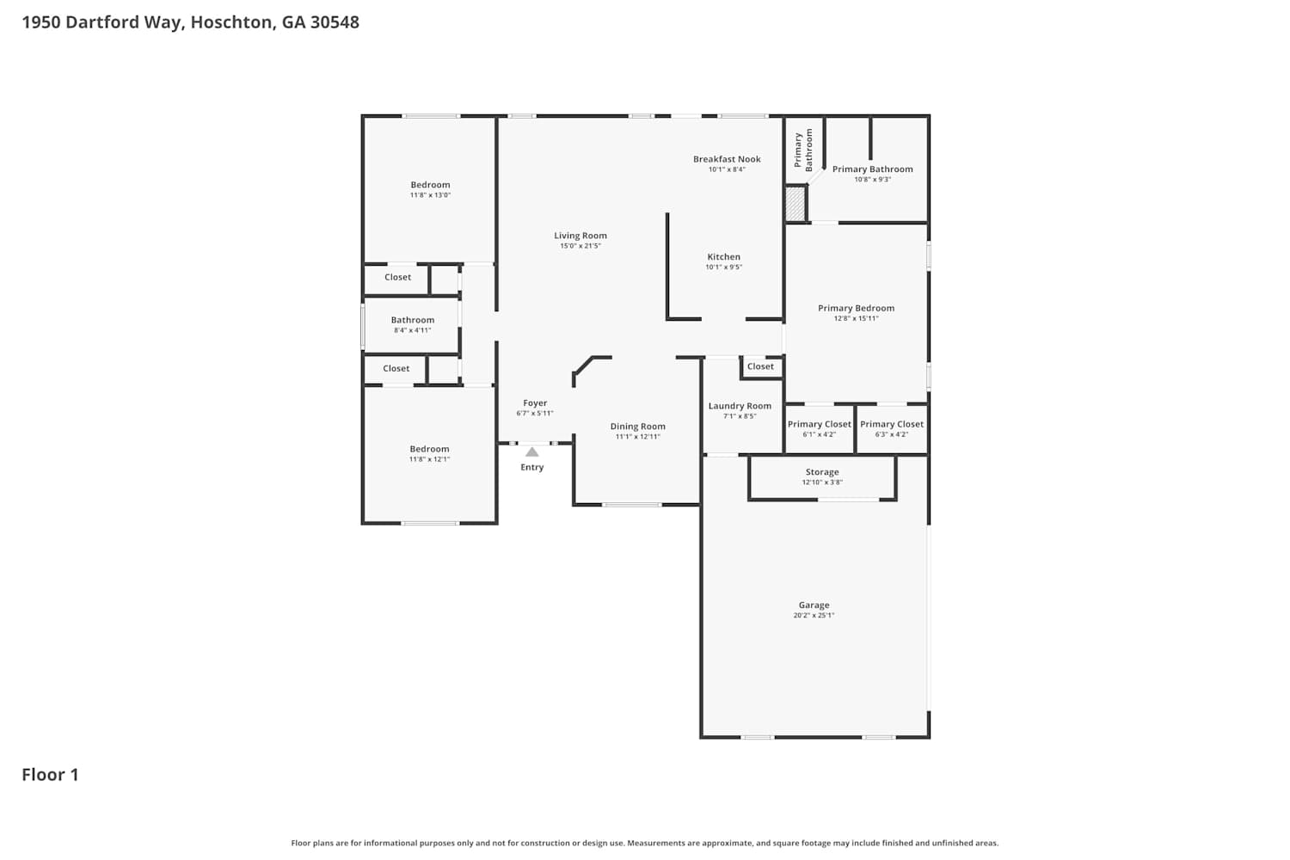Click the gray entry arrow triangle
[531, 452]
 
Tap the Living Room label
[580, 236]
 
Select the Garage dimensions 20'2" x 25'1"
[814, 615]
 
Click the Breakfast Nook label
[727, 159]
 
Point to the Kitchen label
[723, 257]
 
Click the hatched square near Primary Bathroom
[795, 203]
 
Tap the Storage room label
[822, 472]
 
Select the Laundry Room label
[740, 406]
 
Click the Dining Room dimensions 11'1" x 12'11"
[637, 437]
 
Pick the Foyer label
[534, 403]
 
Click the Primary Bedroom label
[856, 308]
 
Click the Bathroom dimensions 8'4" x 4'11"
[412, 330]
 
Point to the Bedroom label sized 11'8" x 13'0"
[430, 185]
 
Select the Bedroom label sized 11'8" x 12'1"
[429, 449]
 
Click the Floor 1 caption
[50, 775]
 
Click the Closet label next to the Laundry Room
[760, 366]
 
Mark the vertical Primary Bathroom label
[802, 150]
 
